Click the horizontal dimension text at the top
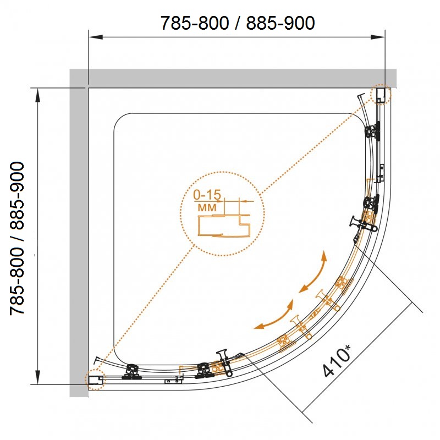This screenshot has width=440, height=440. pyautogui.click(x=238, y=23)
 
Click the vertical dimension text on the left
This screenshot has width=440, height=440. pyautogui.click(x=18, y=238)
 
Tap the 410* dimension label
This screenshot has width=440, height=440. pyautogui.click(x=337, y=361)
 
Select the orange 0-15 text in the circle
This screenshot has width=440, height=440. pyautogui.click(x=207, y=195)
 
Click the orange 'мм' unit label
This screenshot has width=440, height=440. pyautogui.click(x=207, y=208)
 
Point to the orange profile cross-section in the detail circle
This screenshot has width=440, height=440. pyautogui.click(x=224, y=226)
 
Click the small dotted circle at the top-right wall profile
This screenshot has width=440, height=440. pyautogui.click(x=381, y=94)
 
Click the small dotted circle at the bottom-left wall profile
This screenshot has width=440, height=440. pyautogui.click(x=95, y=380)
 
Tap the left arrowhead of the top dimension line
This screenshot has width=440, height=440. pyautogui.click(x=95, y=37)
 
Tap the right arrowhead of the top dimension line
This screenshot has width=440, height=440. pyautogui.click(x=378, y=37)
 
